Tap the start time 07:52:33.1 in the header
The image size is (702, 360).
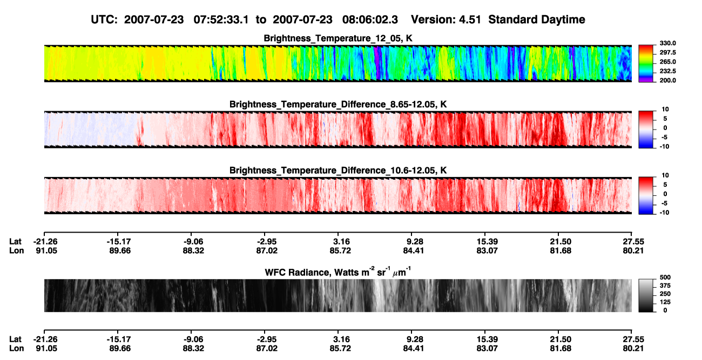point(221,20)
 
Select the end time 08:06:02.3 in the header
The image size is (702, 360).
point(370,20)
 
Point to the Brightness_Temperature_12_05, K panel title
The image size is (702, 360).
point(338,38)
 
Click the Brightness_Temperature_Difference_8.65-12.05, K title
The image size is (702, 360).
point(338,104)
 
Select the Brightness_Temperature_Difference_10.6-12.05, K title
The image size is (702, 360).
point(338,171)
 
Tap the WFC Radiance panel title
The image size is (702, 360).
point(338,272)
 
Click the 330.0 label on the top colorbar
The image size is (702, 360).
point(667,43)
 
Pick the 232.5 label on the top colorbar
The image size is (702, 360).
point(667,71)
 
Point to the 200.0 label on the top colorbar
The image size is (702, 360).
point(667,80)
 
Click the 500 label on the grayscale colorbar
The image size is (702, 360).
point(665,277)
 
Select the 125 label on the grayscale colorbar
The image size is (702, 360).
point(665,302)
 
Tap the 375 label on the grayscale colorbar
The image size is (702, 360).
point(665,286)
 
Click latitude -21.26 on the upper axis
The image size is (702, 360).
point(45,242)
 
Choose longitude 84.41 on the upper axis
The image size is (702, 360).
point(413,250)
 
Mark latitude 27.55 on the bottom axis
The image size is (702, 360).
point(633,339)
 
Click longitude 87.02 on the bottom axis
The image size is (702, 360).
point(267,349)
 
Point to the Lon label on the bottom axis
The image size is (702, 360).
point(16,349)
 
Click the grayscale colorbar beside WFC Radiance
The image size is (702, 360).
point(646,295)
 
